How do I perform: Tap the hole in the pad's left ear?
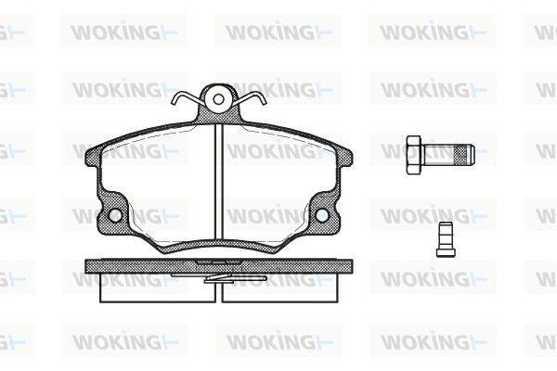(x=115, y=215)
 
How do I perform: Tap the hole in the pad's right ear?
(x=322, y=215)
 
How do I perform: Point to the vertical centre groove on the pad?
(x=219, y=185)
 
